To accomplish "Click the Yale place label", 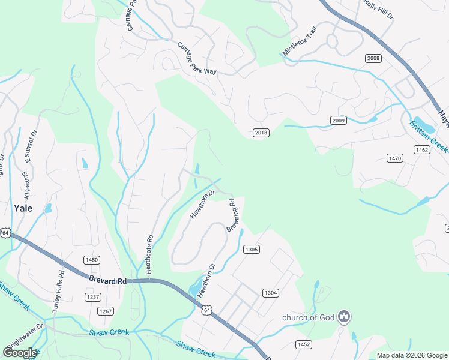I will click(22, 208).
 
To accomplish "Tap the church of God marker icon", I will click(344, 317).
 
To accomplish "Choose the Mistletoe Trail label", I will click(299, 45).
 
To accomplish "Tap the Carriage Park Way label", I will click(196, 58).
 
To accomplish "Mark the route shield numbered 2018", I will click(260, 133).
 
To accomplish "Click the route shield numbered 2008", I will click(373, 58).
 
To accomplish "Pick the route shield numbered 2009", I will click(339, 121).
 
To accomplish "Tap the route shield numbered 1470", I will click(394, 158).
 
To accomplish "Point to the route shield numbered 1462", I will click(422, 150).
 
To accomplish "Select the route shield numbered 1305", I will click(251, 249).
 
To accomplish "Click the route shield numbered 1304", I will click(270, 293).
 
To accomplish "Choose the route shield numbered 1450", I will click(92, 260).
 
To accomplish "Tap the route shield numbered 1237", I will click(92, 297).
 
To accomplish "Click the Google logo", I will click(20, 352).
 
